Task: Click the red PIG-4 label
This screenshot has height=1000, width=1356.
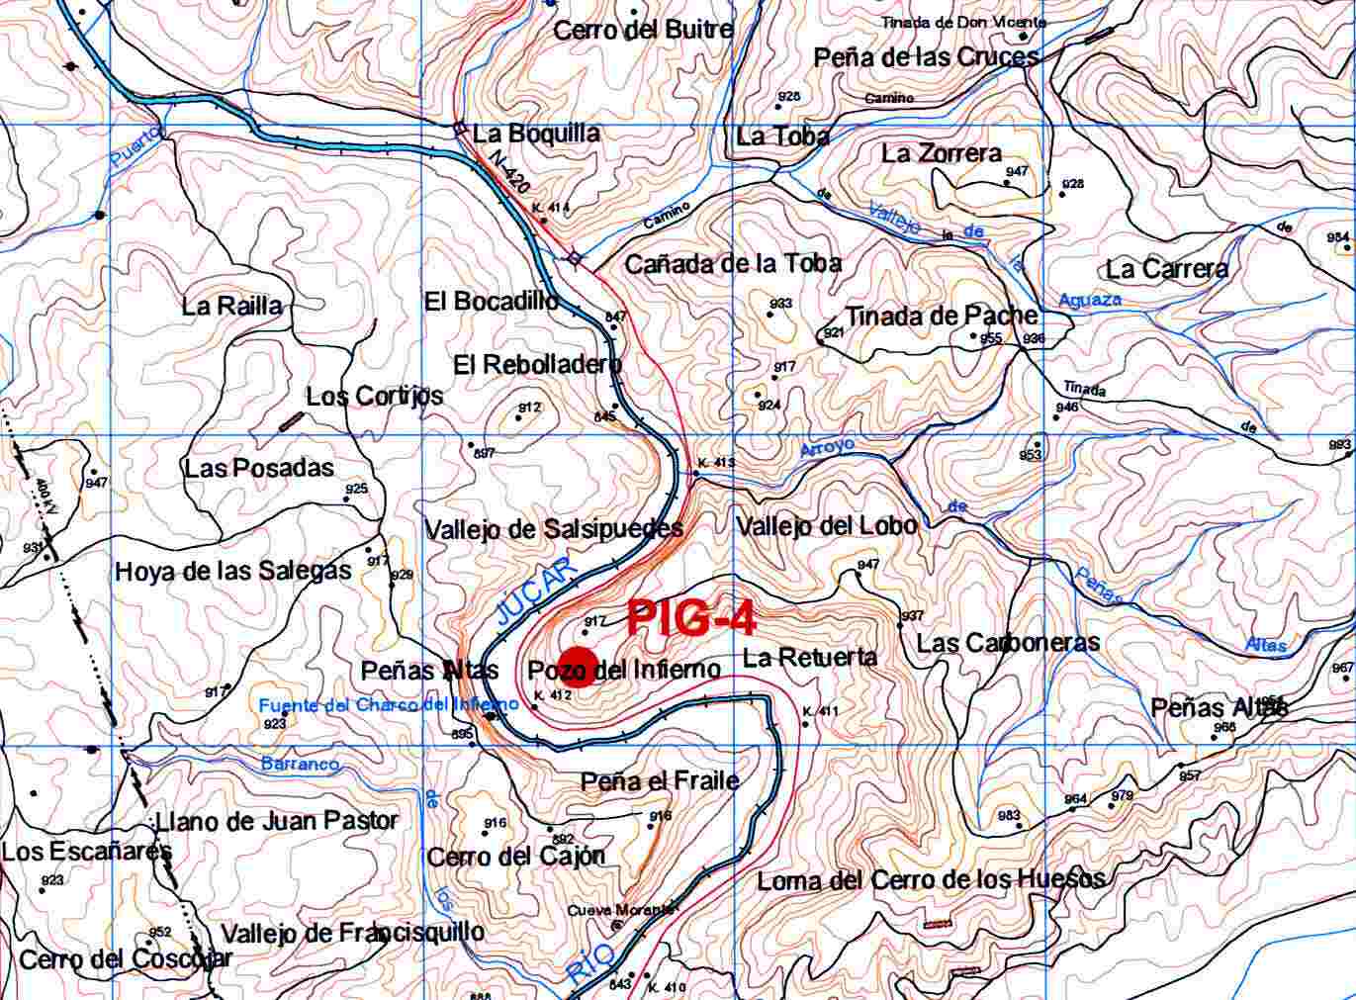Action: point(691,618)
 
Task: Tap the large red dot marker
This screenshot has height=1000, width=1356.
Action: point(577,668)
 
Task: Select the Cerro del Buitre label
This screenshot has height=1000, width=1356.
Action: point(643,30)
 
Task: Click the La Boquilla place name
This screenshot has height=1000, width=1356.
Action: point(535,134)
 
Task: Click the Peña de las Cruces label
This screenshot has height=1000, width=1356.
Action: point(926,57)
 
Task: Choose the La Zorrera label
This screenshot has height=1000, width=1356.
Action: point(941,153)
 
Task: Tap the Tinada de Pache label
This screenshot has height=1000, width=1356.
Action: point(941,317)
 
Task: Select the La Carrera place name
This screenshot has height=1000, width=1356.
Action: point(1167,269)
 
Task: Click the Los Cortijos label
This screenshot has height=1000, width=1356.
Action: point(374,397)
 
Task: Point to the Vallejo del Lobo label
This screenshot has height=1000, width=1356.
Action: point(826,525)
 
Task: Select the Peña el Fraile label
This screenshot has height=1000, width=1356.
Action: point(660,781)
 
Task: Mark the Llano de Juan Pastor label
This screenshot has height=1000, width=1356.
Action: point(276,821)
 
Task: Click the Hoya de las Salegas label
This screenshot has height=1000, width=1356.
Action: point(232,571)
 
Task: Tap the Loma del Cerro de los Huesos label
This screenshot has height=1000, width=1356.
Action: point(930,880)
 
